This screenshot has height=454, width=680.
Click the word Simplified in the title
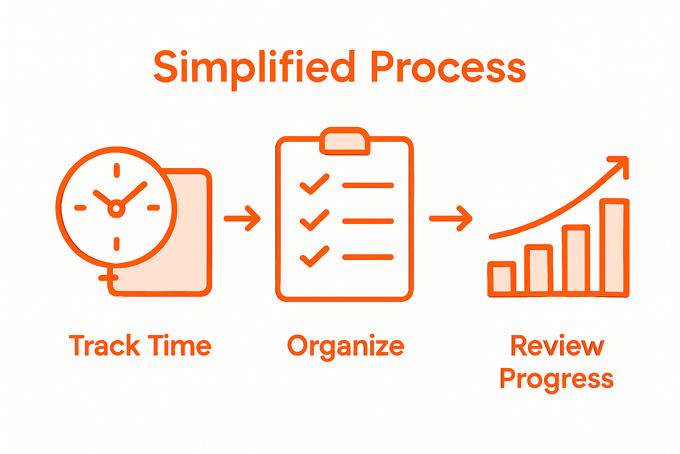pos(254,67)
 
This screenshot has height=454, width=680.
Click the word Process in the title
pos(448,67)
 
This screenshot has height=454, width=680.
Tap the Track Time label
pos(140,346)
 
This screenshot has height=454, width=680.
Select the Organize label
pos(346,346)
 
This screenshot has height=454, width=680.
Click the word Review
pos(557,346)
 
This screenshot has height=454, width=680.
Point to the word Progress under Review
pos(556,380)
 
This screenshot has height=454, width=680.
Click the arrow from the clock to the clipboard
pos(242,218)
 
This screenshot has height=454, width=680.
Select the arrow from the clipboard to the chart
pos(451,218)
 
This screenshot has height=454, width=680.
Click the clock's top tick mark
pos(116,171)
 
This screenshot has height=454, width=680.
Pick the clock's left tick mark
pos(80,207)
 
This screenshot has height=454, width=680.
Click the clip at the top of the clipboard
pos(345,141)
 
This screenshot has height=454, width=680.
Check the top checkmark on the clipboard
pos(315,184)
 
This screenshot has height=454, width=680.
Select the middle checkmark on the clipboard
pos(315,220)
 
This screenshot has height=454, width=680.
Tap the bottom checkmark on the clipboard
pos(315,256)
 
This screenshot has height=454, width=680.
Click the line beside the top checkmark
pos(368,185)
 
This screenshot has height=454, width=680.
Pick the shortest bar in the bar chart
pos(502,278)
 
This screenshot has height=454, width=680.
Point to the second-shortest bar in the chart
pos(539,270)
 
